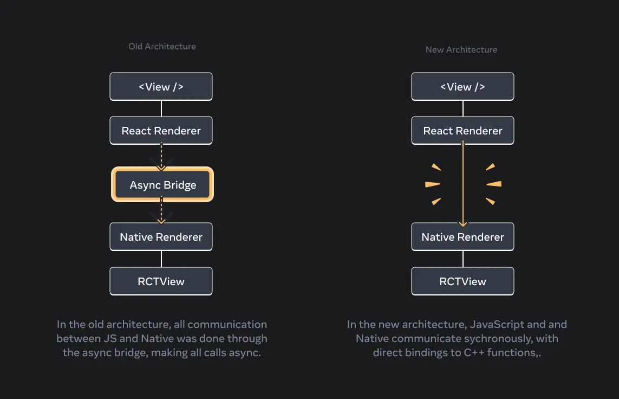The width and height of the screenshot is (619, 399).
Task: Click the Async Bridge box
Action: coord(162,185)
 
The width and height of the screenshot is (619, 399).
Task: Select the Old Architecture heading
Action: coord(162,47)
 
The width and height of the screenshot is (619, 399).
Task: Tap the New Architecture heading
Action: coord(461,50)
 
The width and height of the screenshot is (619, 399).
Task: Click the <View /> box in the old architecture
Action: coord(161,87)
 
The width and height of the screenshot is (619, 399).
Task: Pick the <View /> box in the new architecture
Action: coord(462,87)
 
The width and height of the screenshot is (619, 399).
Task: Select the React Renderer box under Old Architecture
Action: coord(161,131)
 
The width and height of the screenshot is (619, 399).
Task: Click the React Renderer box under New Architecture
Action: coord(462,131)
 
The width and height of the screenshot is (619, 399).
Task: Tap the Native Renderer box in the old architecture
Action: coord(161,237)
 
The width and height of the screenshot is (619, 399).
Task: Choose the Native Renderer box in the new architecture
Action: coord(462,237)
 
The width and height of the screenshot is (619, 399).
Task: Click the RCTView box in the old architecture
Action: coord(161,281)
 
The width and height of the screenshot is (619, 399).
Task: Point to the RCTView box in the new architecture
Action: coord(462,281)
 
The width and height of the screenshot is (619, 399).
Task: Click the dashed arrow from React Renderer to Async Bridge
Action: coord(161,156)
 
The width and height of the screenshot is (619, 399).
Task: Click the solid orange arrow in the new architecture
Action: coord(462,184)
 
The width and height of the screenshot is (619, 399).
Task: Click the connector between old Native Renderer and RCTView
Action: coord(161,259)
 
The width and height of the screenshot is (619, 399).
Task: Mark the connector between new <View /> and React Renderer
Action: coord(462,108)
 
